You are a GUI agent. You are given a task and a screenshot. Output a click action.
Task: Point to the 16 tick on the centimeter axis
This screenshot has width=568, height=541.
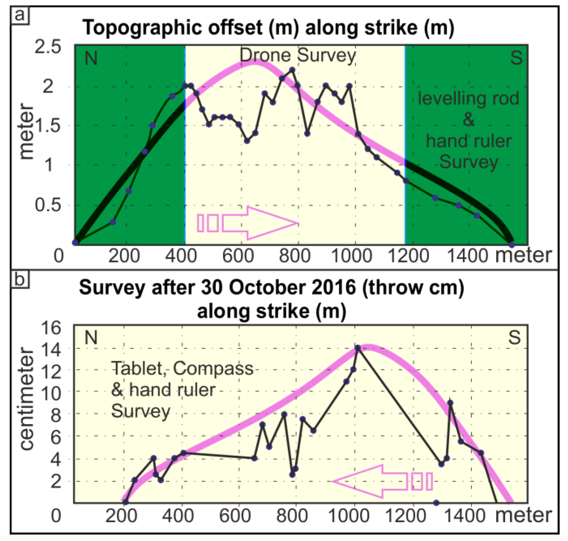tap(51, 328)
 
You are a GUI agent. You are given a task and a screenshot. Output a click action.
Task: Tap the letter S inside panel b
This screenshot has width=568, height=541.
tap(514, 337)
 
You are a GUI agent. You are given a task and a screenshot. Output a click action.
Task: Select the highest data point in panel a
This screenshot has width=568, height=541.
tap(292, 70)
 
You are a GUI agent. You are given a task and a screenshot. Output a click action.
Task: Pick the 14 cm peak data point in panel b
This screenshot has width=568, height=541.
tap(358, 347)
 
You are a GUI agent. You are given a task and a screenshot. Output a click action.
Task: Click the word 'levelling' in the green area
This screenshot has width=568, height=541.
tap(439, 98)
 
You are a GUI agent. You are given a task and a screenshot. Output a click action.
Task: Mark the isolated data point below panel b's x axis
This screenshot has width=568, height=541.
tap(436, 503)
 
